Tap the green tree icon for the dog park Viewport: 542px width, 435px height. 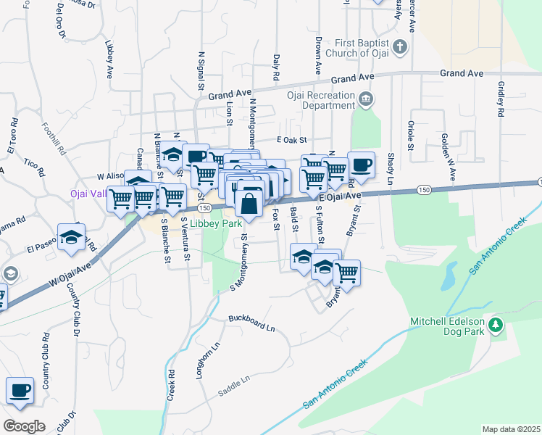496,326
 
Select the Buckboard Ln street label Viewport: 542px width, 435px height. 251,323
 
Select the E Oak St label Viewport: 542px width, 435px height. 292,139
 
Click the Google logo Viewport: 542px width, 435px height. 24,426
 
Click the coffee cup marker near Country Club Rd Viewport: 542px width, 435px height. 20,390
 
